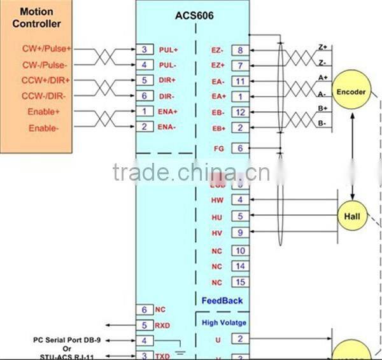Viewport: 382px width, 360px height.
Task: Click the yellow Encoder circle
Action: tap(351, 92)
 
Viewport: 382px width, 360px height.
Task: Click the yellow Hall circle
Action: tap(352, 216)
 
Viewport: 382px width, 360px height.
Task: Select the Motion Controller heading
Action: tap(40, 18)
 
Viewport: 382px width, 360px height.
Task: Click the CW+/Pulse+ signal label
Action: tap(48, 48)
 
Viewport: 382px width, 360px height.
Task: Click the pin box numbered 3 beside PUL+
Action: tap(145, 49)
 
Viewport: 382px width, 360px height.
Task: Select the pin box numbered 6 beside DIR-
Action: tap(145, 96)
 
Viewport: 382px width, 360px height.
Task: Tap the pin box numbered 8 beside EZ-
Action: tap(240, 50)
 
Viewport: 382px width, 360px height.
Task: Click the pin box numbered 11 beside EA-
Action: tap(240, 81)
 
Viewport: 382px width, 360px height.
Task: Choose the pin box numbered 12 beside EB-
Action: tap(240, 113)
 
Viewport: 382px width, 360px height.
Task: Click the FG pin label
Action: tap(219, 148)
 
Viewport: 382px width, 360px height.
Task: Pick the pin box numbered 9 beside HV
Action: tap(240, 233)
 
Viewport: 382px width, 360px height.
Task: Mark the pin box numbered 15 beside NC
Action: tap(240, 282)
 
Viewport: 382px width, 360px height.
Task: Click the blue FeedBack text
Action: tap(222, 300)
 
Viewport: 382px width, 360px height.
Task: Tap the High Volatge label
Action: tap(224, 322)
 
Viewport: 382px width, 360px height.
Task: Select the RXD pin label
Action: tap(163, 326)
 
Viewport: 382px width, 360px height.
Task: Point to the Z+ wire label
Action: tap(322, 47)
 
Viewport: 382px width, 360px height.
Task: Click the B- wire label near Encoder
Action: tap(322, 123)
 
